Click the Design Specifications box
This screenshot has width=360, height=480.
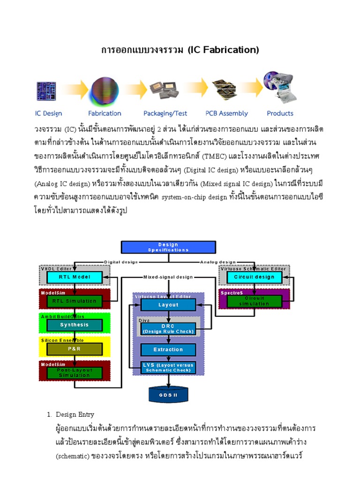click(x=168, y=247)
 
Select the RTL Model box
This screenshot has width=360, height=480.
click(x=75, y=277)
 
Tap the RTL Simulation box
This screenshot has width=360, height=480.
click(x=75, y=301)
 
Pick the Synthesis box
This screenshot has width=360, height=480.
click(x=75, y=325)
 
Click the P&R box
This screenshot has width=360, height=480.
click(x=75, y=349)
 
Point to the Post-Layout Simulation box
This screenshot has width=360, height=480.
click(x=75, y=373)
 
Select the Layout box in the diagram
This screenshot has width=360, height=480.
click(x=168, y=305)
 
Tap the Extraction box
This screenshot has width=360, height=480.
click(x=168, y=350)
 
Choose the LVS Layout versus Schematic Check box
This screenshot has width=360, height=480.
click(x=168, y=367)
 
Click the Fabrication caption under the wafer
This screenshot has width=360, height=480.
click(x=105, y=113)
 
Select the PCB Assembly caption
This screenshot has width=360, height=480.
click(x=226, y=113)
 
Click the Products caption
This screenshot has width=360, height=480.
click(x=280, y=113)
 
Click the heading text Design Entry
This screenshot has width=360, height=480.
click(x=75, y=414)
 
